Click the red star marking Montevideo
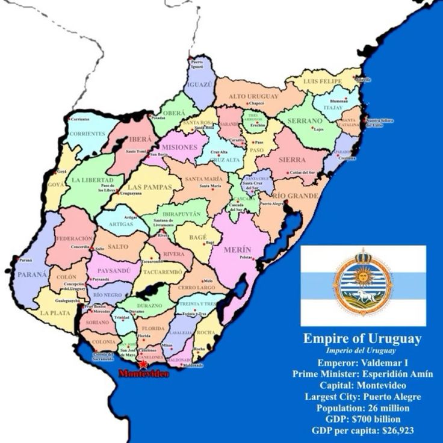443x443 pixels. (143, 364)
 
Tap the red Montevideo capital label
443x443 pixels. (143, 374)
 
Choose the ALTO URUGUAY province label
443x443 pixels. (254, 96)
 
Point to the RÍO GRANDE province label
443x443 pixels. (295, 196)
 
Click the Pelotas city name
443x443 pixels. (246, 257)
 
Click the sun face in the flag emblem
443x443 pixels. (362, 277)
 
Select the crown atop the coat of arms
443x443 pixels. (362, 255)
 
